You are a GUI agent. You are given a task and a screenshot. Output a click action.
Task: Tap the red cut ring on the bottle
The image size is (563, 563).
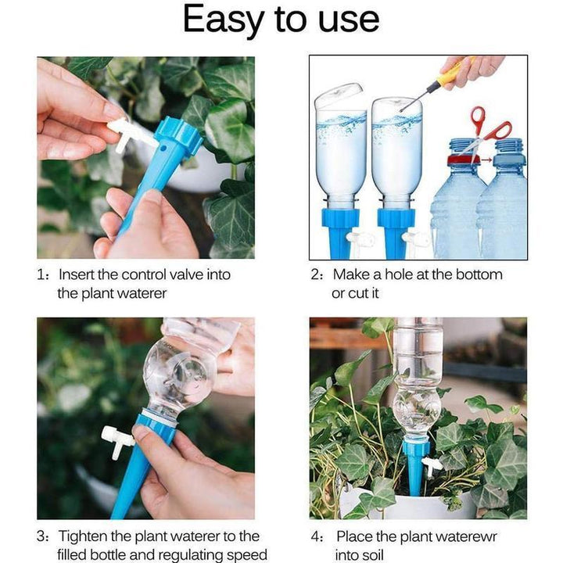pyautogui.click(x=462, y=160)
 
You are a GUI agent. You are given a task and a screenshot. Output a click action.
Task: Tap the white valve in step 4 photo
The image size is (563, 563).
pyautogui.click(x=432, y=465)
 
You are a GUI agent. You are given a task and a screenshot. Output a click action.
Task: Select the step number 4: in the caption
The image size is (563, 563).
pyautogui.click(x=318, y=536)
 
